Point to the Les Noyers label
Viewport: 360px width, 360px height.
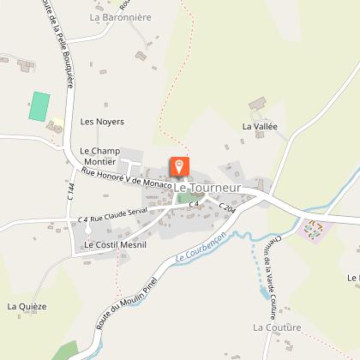click(x=102, y=122)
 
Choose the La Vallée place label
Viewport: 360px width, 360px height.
click(x=261, y=127)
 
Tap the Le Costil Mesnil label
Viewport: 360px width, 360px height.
click(x=115, y=245)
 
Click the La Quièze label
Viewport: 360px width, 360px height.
click(x=27, y=306)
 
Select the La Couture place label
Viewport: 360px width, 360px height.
click(x=277, y=327)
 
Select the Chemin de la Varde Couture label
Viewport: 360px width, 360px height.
click(x=264, y=274)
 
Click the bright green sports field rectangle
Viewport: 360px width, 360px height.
click(x=39, y=106)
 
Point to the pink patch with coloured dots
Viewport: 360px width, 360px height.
click(x=315, y=230)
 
